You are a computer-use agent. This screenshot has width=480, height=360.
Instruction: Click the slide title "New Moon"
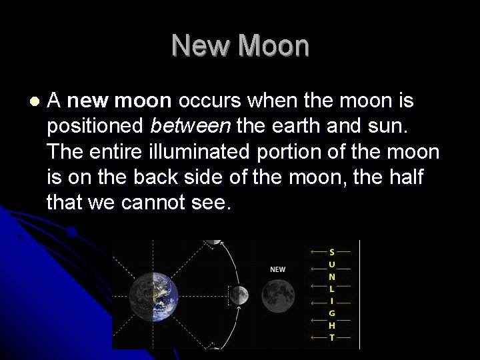[240, 46]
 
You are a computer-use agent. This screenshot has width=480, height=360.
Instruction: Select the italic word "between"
[179, 126]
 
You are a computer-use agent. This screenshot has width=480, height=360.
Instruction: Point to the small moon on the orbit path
[239, 293]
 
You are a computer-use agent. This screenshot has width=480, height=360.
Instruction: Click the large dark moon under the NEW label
[278, 296]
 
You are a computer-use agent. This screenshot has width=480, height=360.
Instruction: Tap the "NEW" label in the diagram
[277, 269]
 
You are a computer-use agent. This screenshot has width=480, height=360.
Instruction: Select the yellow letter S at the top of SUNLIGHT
[332, 252]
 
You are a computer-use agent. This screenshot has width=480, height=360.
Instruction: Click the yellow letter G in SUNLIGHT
[332, 313]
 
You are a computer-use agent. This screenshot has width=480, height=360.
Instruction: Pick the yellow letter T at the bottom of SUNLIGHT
[332, 338]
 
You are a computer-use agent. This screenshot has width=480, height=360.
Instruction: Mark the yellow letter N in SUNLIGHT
[332, 276]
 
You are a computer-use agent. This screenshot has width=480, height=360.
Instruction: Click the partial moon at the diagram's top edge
[213, 242]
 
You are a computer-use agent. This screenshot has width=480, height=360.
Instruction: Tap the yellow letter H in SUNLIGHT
[332, 325]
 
